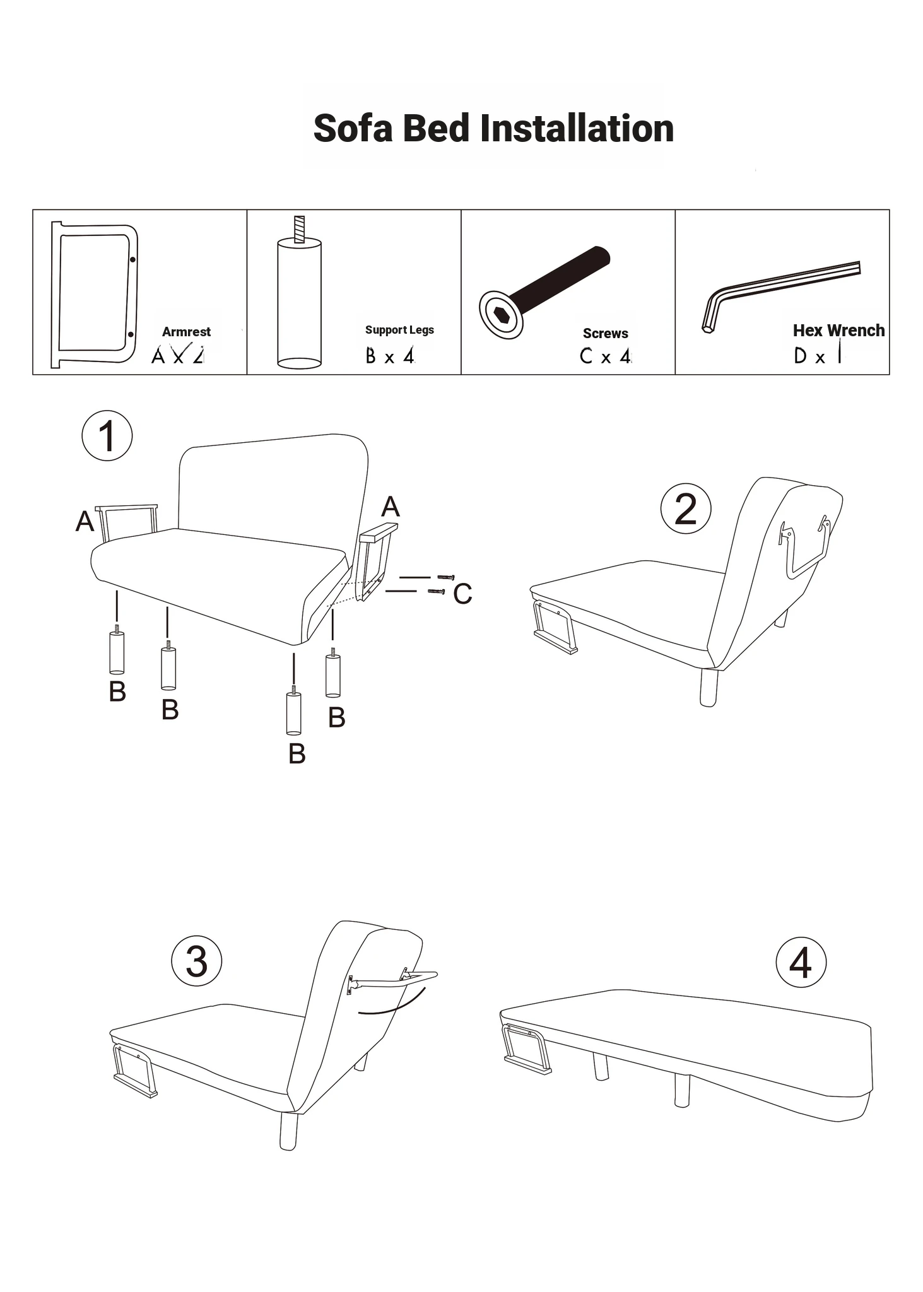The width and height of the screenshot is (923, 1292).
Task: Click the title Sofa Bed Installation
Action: coord(493,128)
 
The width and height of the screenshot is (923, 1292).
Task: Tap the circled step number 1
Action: coord(107,436)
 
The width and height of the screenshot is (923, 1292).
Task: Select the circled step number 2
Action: coord(686,508)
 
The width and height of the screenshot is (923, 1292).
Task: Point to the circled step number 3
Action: coord(197,961)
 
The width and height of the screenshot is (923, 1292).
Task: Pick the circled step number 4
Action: coord(801,963)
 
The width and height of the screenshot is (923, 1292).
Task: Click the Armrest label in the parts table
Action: coord(186,332)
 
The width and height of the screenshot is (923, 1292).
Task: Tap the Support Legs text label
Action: coord(399,330)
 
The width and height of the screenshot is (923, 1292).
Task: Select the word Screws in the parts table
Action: coord(606,334)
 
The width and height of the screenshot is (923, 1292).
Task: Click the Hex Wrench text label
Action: coord(838,331)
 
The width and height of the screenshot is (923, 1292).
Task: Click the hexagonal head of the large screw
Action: coord(501,314)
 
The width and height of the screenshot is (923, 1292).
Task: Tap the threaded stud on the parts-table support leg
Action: coord(300,229)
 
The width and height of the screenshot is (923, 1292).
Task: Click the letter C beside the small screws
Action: coord(462,594)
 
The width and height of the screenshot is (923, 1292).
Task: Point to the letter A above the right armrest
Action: coord(391,507)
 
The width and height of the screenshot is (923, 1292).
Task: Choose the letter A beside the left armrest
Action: coord(85,522)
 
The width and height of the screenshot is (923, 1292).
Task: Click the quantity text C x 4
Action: coord(606,356)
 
